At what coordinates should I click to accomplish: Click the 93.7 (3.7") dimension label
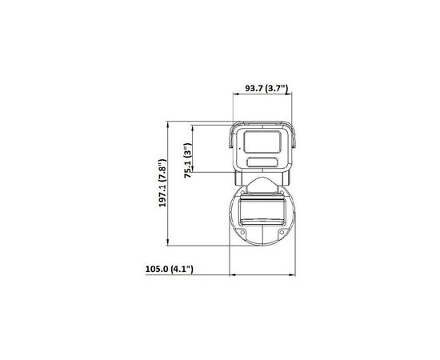coord(266,88)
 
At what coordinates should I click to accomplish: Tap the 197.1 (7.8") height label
coord(162,183)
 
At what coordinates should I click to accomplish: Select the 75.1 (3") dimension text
coord(188,160)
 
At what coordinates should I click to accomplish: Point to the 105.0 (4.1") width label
coord(170,269)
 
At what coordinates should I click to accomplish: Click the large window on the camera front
coord(262,142)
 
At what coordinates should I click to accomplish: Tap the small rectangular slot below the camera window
coord(262,162)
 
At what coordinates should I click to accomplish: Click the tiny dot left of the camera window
coord(240,147)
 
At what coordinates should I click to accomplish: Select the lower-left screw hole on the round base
coord(242,232)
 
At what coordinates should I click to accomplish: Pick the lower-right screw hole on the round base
coord(282,232)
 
